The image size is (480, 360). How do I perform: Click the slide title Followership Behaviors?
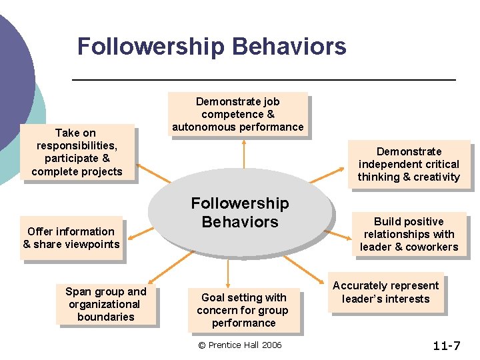(x=211, y=47)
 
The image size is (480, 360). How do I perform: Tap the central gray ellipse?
(x=240, y=213)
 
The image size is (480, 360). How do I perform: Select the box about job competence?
(x=237, y=114)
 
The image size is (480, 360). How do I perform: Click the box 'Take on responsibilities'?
(x=77, y=152)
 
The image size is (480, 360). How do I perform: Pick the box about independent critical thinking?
(x=408, y=164)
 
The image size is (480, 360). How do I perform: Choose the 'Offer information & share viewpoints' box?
(x=71, y=238)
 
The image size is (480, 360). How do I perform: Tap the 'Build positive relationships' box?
(x=409, y=234)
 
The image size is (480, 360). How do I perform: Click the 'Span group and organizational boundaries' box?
(x=105, y=304)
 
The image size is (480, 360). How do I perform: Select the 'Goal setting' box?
(x=243, y=310)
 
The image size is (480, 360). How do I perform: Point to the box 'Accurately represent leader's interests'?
(x=385, y=292)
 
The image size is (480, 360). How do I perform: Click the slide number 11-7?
(x=446, y=345)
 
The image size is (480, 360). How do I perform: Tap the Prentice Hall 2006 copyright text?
(x=240, y=345)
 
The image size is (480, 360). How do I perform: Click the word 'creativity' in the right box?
(x=436, y=177)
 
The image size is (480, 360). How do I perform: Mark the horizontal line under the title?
(x=263, y=79)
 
